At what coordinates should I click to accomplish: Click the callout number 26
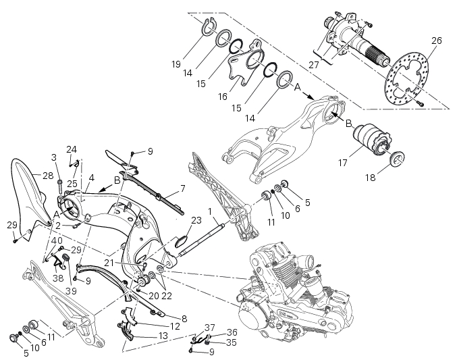point(436,41)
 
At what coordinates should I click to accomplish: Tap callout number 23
point(196,220)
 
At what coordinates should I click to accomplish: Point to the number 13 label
point(163,336)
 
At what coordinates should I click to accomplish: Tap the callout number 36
point(232,332)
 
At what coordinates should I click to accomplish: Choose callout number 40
point(57,241)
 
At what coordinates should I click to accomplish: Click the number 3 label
point(54,157)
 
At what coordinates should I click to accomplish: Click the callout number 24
point(72,149)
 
